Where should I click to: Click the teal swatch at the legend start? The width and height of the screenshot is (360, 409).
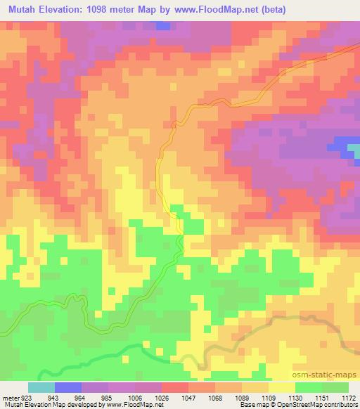pos(41,387)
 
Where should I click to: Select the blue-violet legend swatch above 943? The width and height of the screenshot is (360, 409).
pos(68,387)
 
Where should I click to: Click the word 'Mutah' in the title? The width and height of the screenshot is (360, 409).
pos(23,9)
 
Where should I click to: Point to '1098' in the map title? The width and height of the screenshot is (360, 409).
pos(125,9)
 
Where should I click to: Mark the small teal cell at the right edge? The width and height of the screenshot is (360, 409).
pos(356,150)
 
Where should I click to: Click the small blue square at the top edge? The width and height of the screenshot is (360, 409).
pos(163,25)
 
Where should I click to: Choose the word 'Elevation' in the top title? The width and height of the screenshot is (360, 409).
pos(72,9)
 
